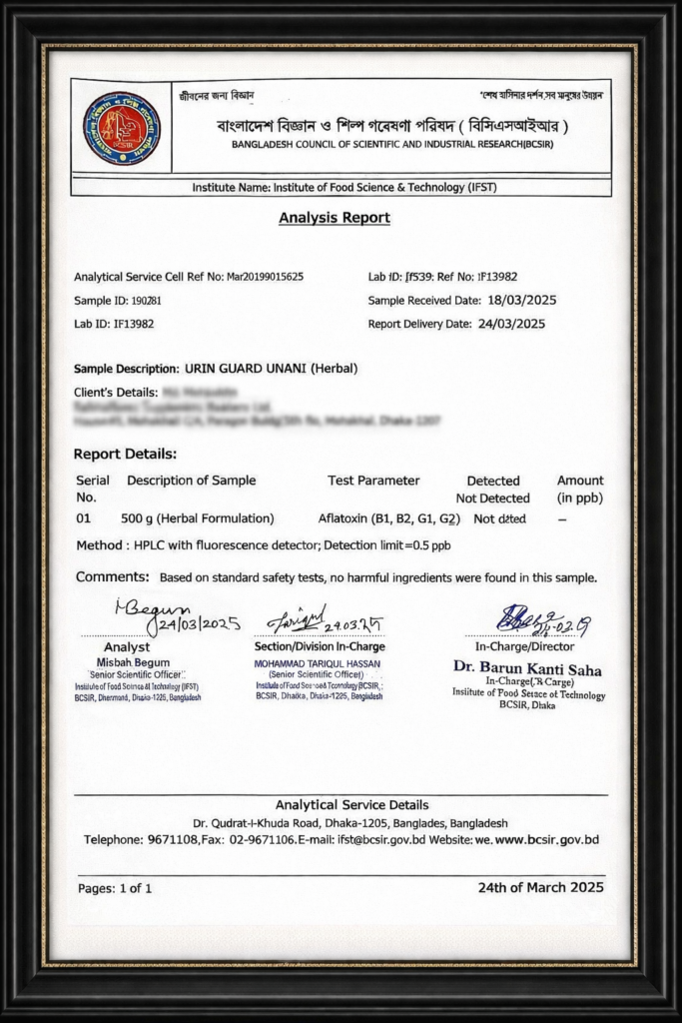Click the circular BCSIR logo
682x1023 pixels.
tap(121, 128)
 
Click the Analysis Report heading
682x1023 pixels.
tap(335, 218)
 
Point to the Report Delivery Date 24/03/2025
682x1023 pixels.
tap(511, 324)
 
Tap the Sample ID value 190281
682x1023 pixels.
tap(147, 300)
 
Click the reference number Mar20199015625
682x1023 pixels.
tap(266, 277)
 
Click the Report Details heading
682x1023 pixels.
tap(125, 454)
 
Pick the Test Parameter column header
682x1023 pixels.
tap(373, 481)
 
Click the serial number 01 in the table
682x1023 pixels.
tap(84, 518)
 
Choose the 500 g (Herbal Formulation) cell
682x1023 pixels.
tap(197, 518)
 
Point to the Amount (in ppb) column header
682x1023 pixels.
tap(580, 489)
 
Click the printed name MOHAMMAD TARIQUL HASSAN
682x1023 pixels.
tap(319, 663)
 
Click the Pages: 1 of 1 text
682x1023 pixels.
tap(115, 887)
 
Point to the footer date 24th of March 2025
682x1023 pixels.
tap(540, 887)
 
